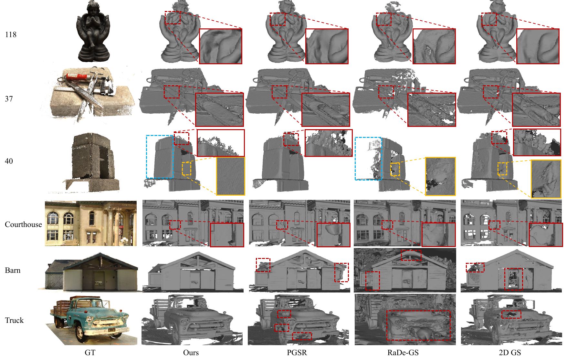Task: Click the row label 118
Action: pos(11,35)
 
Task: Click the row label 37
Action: pos(9,99)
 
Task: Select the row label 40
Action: pos(9,161)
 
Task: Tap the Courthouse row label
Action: pos(23,224)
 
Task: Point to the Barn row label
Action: pos(13,270)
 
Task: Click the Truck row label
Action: pos(14,320)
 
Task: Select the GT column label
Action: pos(90,353)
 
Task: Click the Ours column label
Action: pos(191,353)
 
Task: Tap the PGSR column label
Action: pos(297,353)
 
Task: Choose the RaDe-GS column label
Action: pos(403,353)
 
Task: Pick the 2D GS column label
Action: pos(510,353)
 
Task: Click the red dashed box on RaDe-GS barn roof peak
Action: pos(411,250)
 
